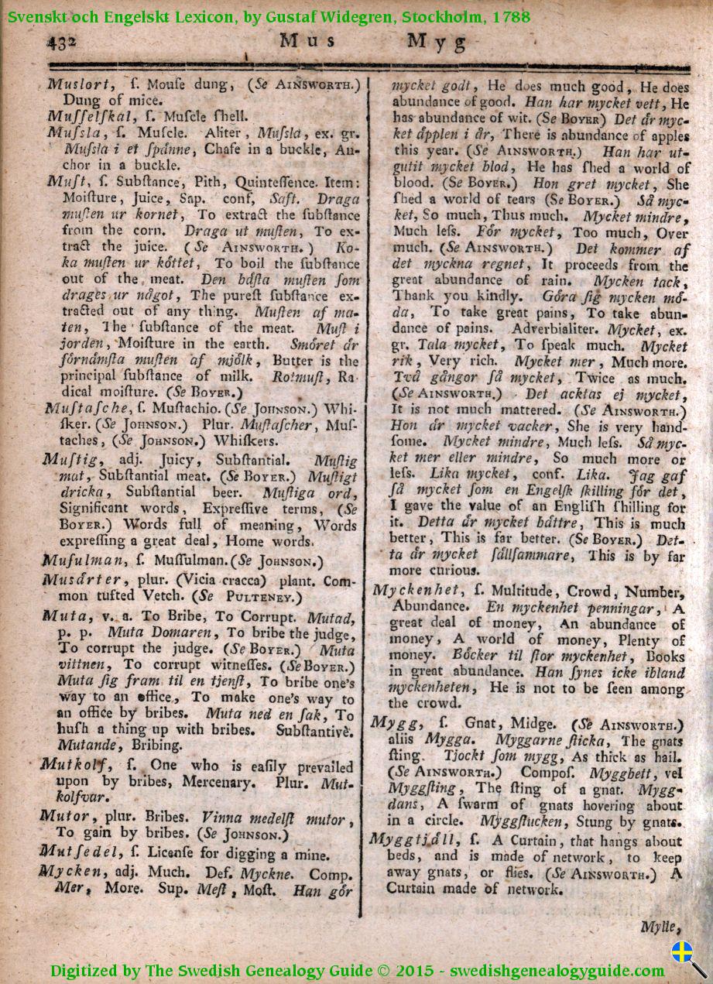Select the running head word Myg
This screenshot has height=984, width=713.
[437, 43]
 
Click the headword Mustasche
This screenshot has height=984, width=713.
[87, 409]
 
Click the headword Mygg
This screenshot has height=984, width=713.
[396, 722]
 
